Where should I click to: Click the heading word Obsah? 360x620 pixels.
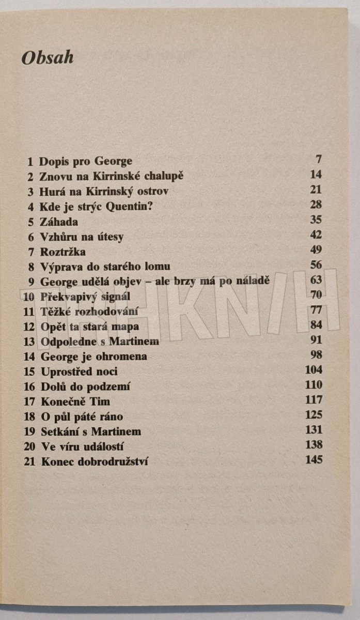point(47,58)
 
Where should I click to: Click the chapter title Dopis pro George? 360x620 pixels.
point(86,161)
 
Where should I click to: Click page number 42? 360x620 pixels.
point(316,235)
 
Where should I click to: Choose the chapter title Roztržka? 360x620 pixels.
point(62,252)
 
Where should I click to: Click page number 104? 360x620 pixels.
point(314,370)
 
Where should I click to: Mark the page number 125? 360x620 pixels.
point(314,415)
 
